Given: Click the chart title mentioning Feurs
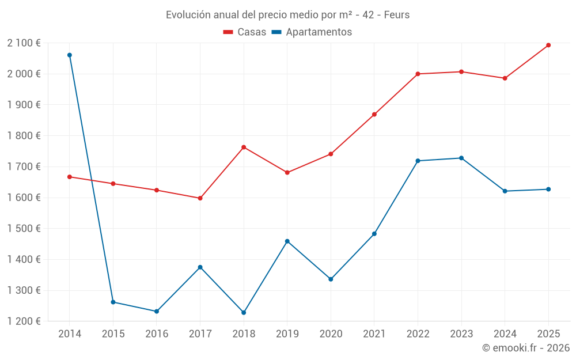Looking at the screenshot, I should coord(287,15).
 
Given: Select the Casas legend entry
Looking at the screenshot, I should coord(245,32).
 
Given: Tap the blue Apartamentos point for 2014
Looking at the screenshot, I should coord(70,55).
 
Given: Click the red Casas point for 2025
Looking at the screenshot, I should coord(548,45).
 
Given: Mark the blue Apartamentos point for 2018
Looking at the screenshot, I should coord(244,313).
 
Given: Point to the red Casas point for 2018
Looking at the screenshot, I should coord(244,147).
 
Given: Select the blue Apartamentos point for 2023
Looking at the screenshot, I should coord(461,158).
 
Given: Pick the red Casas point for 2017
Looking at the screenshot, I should coord(200,198).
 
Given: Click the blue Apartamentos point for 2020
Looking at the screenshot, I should coord(331,279).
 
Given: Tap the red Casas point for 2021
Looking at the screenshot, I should coord(374,115).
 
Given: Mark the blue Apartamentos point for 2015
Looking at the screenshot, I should coord(113,302).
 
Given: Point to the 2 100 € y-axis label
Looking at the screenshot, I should coord(24,43).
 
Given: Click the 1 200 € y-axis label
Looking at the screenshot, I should coord(24,321).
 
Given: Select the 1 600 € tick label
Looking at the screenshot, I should coord(24,198).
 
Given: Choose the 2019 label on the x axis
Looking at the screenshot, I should coord(287,334).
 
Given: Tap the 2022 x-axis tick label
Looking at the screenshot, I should coord(418,334).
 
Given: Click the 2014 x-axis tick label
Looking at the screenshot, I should coord(70,334).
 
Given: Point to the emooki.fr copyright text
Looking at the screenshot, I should coord(525,348).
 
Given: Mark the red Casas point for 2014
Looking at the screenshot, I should coord(70,177).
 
